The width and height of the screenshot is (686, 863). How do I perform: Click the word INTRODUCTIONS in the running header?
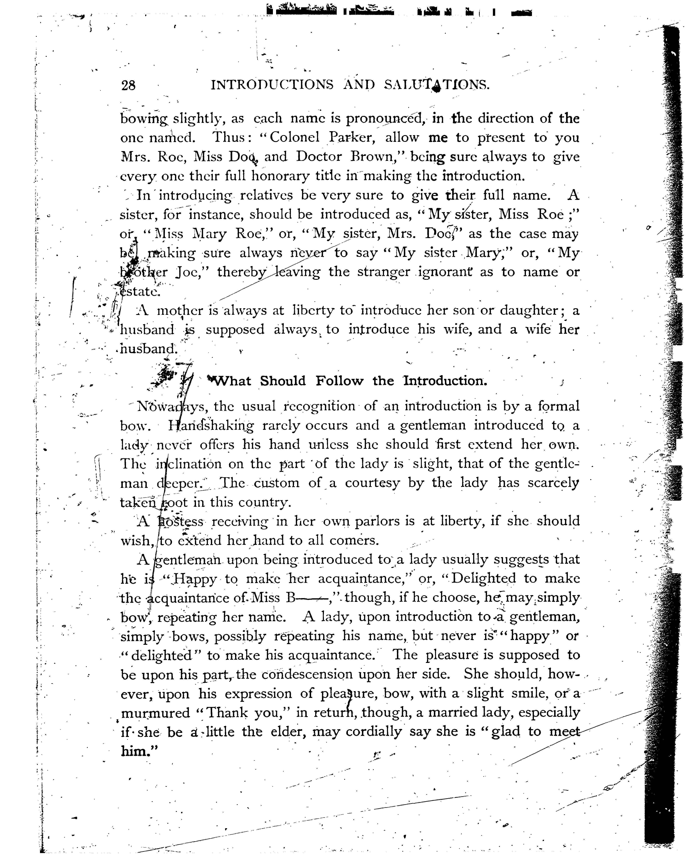[272, 85]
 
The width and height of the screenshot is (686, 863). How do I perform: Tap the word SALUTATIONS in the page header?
[436, 85]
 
